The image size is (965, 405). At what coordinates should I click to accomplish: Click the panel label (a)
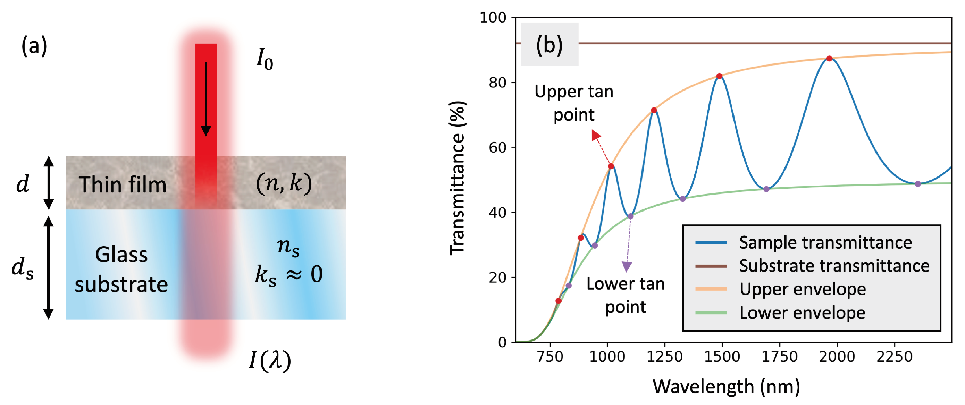tap(34, 46)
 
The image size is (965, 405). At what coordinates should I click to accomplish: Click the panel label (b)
tap(549, 45)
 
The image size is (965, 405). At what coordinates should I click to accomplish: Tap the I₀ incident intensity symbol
tap(265, 60)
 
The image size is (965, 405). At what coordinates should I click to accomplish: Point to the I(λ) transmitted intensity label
tap(270, 361)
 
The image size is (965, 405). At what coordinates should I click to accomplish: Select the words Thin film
tap(123, 184)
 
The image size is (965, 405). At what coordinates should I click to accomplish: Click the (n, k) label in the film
tap(284, 183)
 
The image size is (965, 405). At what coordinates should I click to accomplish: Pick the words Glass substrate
tap(121, 269)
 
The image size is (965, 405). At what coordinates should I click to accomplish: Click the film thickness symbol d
tap(23, 184)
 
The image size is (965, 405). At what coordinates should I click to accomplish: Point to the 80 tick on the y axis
tap(497, 82)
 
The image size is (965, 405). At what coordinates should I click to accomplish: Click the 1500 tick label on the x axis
tap(722, 356)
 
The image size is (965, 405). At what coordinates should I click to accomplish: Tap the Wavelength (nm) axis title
tap(726, 386)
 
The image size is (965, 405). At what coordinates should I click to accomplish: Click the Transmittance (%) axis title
tap(458, 178)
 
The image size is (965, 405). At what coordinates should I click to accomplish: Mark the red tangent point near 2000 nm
tap(829, 58)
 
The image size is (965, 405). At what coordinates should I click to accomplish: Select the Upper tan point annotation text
tap(573, 103)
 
